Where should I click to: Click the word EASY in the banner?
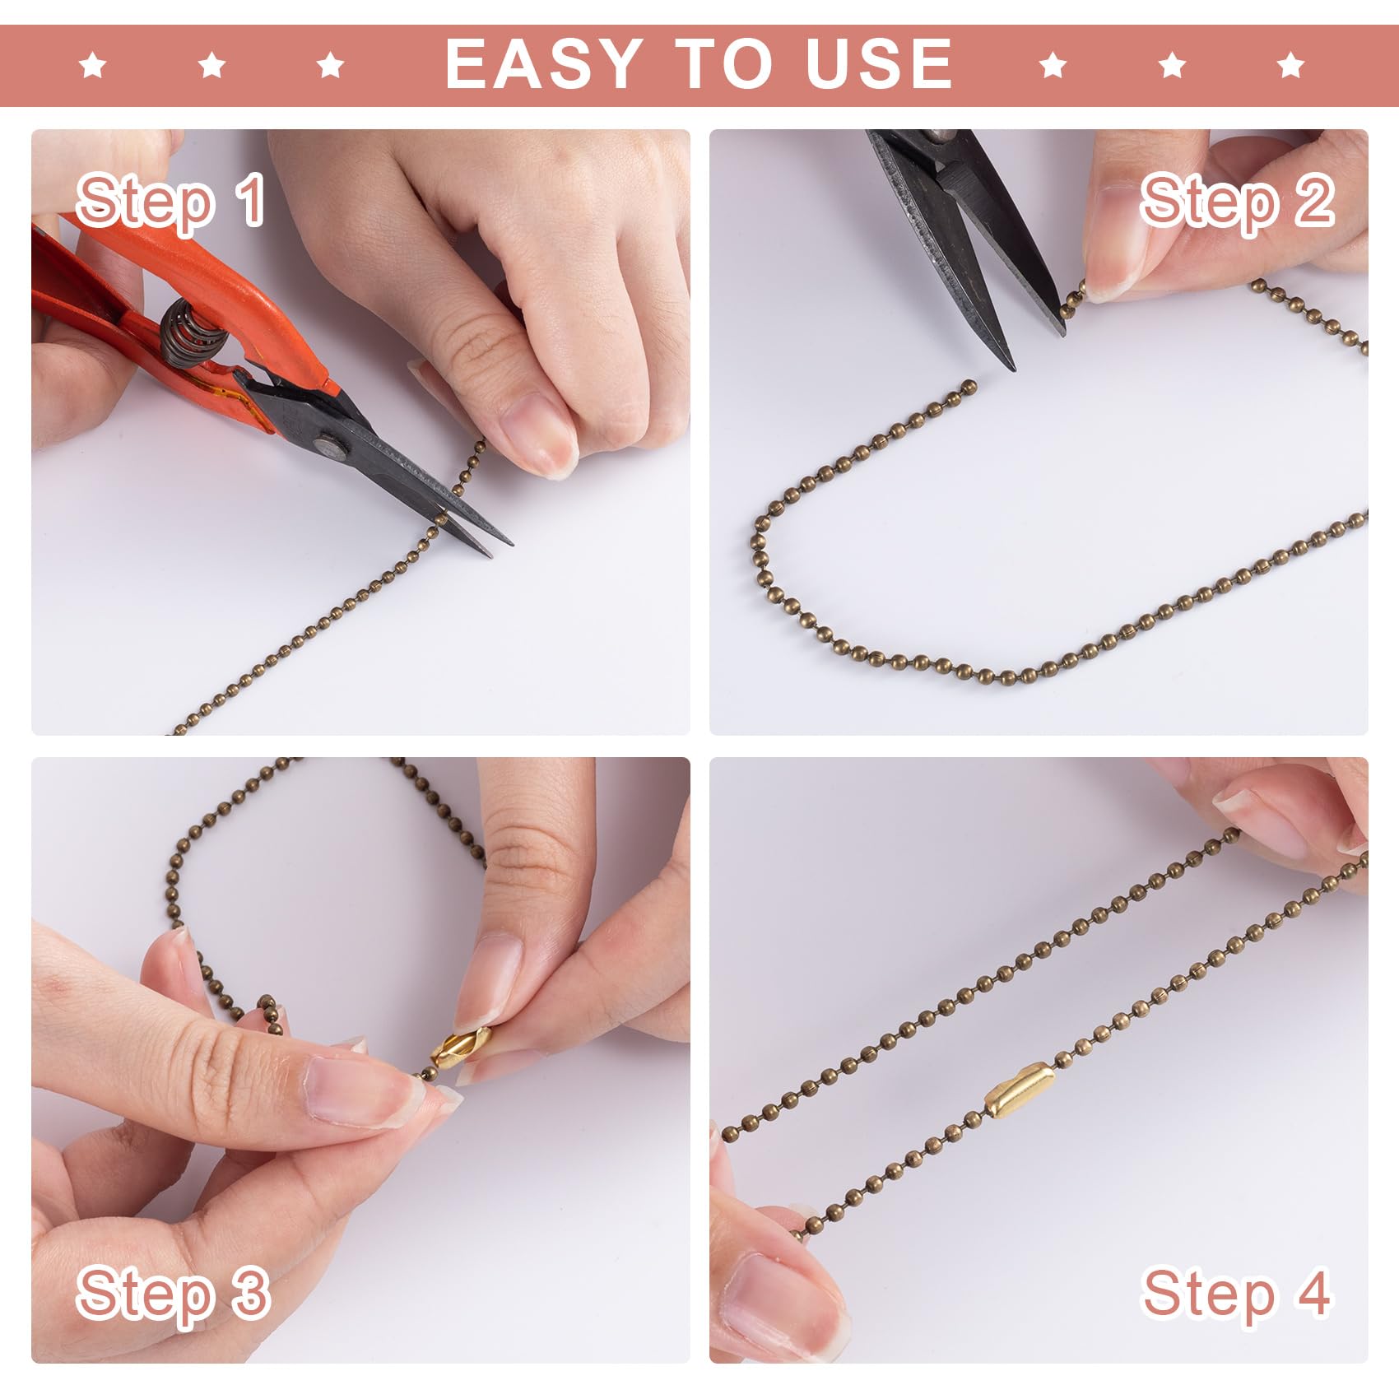pyautogui.click(x=543, y=63)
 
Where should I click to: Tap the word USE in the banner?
pyautogui.click(x=879, y=63)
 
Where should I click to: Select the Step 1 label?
pyautogui.click(x=170, y=200)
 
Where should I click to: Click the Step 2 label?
pyautogui.click(x=1236, y=200)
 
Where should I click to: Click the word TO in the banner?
pyautogui.click(x=724, y=63)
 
